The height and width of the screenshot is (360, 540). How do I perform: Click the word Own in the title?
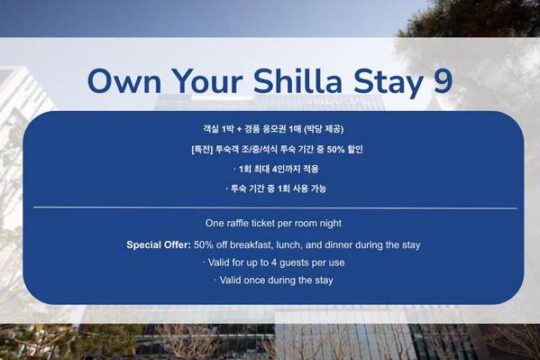(x=124, y=81)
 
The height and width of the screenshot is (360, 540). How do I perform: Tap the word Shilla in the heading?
(x=297, y=80)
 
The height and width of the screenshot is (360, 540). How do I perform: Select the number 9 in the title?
(x=443, y=81)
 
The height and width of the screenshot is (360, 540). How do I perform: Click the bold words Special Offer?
(x=159, y=245)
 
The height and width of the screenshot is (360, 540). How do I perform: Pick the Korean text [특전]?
(x=202, y=150)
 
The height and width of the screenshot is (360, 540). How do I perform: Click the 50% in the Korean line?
(x=335, y=150)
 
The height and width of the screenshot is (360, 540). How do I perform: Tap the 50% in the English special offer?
(x=203, y=245)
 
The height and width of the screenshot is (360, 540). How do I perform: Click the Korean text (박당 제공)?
(x=324, y=129)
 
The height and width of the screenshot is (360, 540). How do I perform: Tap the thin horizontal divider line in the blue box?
(x=276, y=208)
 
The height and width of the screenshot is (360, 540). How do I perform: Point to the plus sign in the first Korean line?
(x=240, y=130)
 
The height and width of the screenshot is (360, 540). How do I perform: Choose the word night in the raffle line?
(x=331, y=224)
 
